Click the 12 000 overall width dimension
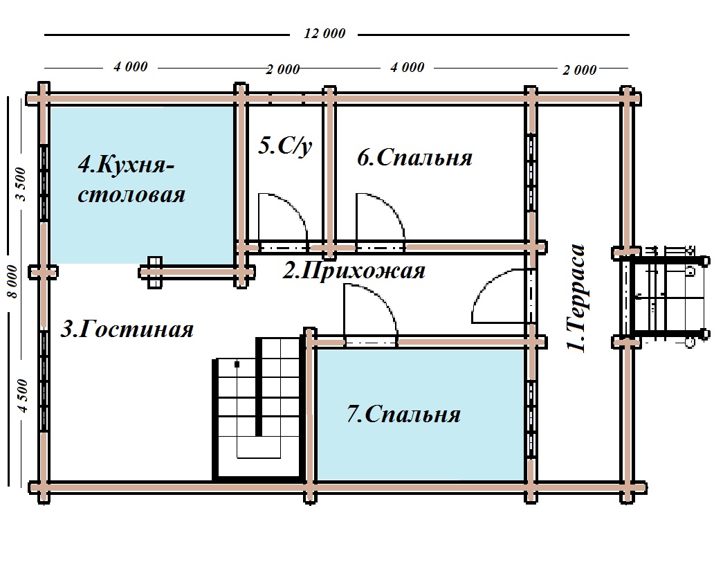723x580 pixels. (324, 34)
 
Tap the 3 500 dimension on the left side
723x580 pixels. (21, 184)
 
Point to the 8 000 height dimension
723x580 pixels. (12, 282)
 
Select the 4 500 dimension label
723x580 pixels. (23, 395)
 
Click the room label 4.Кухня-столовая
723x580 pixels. (131, 179)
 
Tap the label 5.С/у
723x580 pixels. (285, 146)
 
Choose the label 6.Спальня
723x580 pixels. (414, 157)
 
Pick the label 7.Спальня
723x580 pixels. (403, 414)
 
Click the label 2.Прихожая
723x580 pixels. (354, 271)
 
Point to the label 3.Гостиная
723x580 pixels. (127, 329)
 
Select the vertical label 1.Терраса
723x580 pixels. (576, 298)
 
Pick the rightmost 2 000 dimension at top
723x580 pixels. (580, 70)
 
